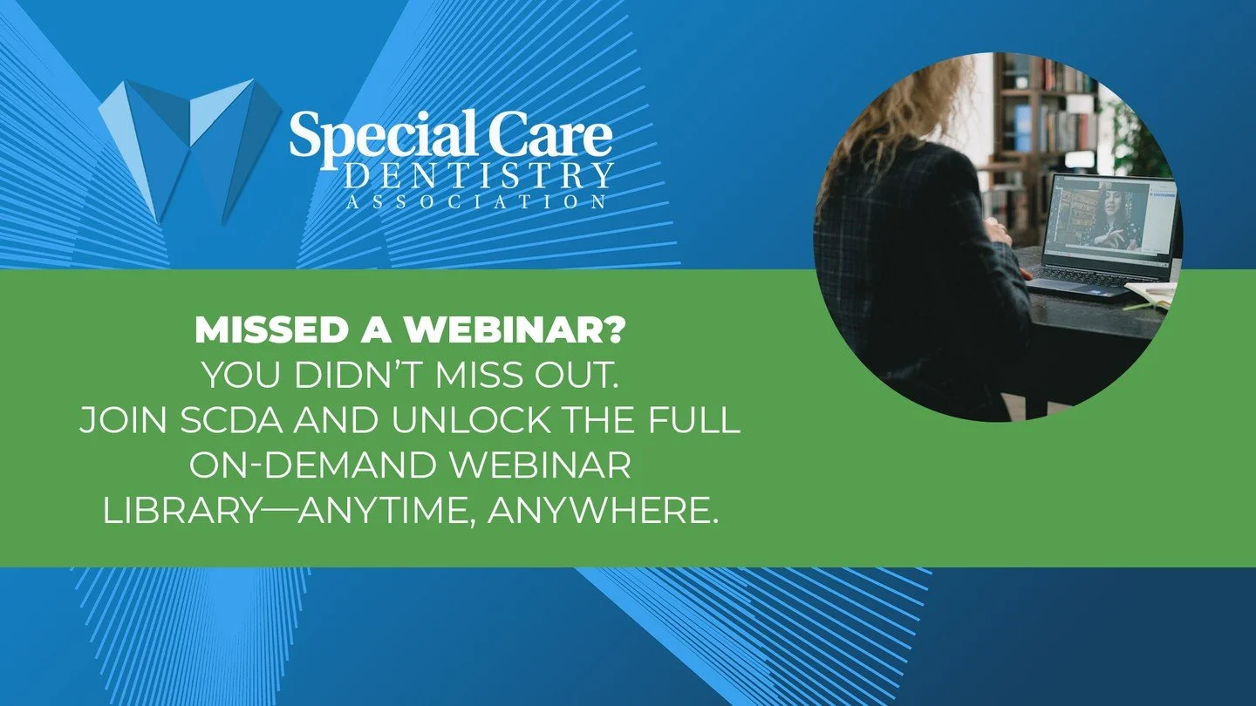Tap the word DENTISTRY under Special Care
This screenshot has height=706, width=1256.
pos(479,177)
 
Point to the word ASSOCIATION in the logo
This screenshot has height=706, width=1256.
pos(477,201)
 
